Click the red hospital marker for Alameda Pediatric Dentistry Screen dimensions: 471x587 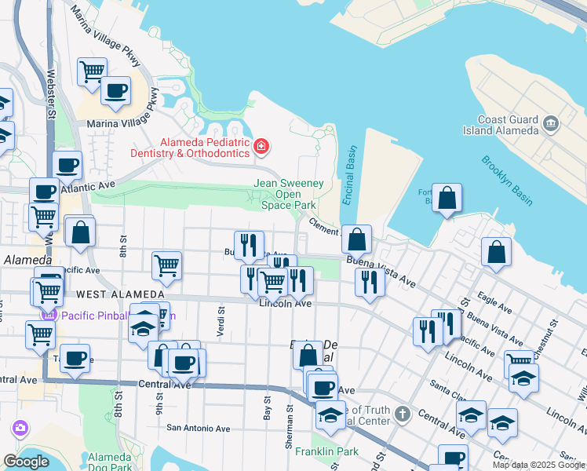261,146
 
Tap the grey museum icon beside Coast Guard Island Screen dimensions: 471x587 550,124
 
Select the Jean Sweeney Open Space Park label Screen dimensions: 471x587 288,194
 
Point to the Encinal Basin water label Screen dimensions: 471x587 348,175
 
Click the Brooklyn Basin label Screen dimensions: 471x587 507,180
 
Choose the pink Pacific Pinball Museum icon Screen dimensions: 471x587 50,315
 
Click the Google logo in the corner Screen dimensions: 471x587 26,462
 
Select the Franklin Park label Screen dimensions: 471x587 326,451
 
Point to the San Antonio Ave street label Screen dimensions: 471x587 199,429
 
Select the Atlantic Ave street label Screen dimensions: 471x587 89,185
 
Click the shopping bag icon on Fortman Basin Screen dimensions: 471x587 447,201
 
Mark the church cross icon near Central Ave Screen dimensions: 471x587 402,413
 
